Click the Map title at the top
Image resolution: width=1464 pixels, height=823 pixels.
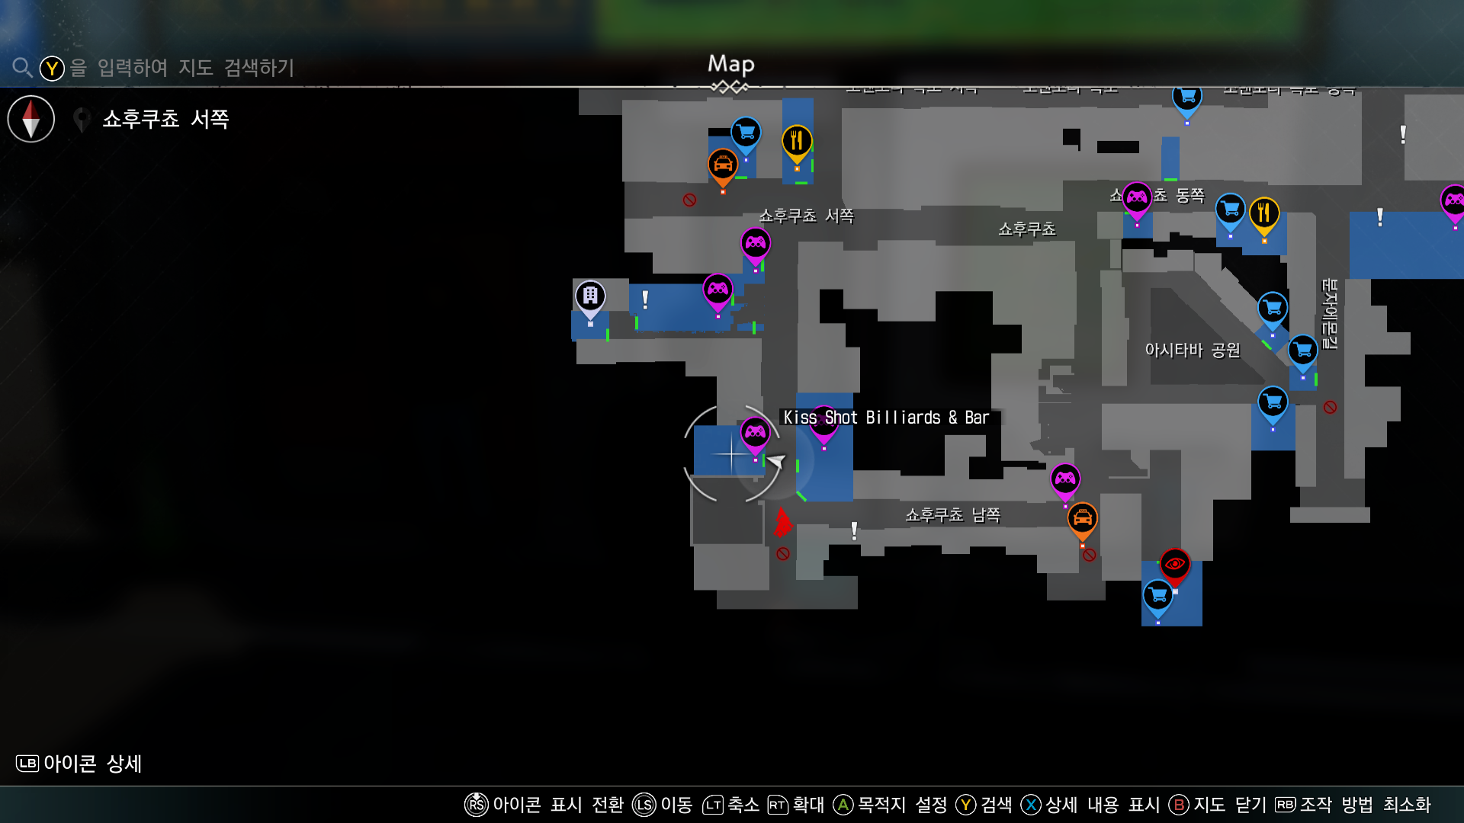tap(730, 65)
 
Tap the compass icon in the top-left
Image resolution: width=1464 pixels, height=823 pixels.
tap(31, 119)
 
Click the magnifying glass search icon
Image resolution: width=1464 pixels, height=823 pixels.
tap(22, 68)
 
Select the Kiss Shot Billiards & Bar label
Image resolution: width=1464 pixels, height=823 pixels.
tap(886, 418)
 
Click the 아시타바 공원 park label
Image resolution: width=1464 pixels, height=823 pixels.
tap(1193, 351)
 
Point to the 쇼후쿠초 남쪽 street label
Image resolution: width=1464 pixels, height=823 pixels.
tap(952, 515)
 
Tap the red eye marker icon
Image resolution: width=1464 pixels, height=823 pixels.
tap(1174, 565)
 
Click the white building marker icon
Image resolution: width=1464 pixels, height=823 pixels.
tap(590, 296)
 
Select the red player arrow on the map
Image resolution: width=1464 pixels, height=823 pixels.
tap(782, 523)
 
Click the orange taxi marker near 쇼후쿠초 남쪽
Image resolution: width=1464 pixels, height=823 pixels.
tap(1082, 519)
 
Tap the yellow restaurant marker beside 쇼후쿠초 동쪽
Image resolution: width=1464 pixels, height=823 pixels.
tap(1263, 213)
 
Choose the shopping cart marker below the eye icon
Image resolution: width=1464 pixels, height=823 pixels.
tap(1157, 595)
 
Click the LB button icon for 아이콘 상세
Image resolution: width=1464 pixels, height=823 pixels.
tap(27, 764)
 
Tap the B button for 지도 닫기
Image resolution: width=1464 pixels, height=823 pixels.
tap(1179, 805)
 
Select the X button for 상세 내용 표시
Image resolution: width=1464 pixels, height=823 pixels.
tap(1031, 805)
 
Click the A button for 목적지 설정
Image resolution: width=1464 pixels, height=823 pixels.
tap(843, 805)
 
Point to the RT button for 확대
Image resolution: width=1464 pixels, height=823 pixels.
tap(777, 805)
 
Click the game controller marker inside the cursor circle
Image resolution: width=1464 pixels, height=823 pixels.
tap(755, 433)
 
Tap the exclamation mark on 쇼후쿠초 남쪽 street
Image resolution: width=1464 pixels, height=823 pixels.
tap(854, 530)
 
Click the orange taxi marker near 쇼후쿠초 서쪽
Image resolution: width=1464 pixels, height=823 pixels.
tap(722, 165)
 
